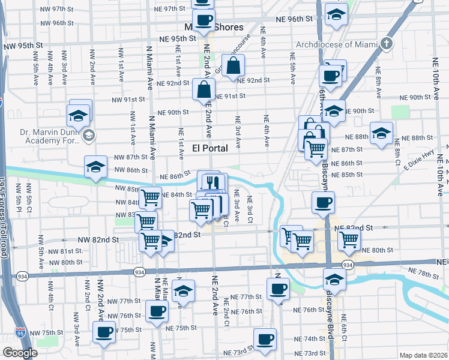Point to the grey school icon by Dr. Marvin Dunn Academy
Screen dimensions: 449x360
[x=89, y=135]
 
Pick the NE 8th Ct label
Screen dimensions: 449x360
[x=397, y=153]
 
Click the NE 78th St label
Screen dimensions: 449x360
[x=426, y=273]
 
